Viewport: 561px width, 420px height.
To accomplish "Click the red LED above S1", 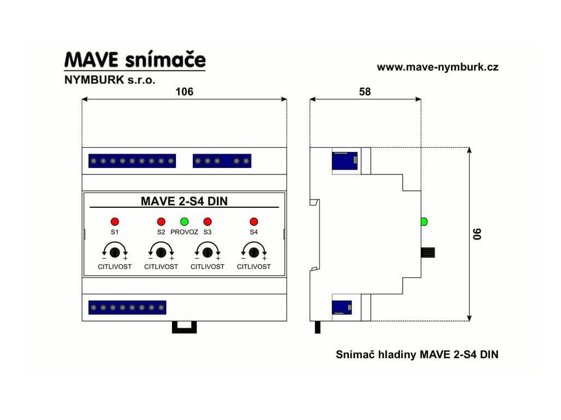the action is [115, 221].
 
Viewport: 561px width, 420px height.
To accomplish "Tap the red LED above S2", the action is [161, 221].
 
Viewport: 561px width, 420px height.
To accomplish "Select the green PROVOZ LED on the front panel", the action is [185, 221].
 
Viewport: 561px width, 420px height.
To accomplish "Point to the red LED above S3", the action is [208, 221].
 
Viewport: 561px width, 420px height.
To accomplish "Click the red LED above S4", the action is [254, 221].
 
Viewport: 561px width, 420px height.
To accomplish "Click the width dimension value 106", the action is [184, 92].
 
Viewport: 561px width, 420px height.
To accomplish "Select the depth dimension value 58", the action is [365, 92].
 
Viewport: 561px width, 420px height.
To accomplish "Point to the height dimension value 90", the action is [478, 234].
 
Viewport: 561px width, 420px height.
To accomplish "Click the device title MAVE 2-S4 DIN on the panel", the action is [184, 201].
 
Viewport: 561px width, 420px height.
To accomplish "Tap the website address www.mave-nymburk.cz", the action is [437, 67].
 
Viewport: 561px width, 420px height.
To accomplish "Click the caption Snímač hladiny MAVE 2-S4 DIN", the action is [417, 354].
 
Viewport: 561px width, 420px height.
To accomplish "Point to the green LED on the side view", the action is [423, 221].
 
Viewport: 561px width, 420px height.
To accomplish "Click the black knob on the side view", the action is [428, 252].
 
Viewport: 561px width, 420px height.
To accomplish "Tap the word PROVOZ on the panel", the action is [184, 232].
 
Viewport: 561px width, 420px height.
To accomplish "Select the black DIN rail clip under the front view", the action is [184, 326].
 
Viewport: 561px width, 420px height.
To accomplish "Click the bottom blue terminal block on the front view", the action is [127, 307].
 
